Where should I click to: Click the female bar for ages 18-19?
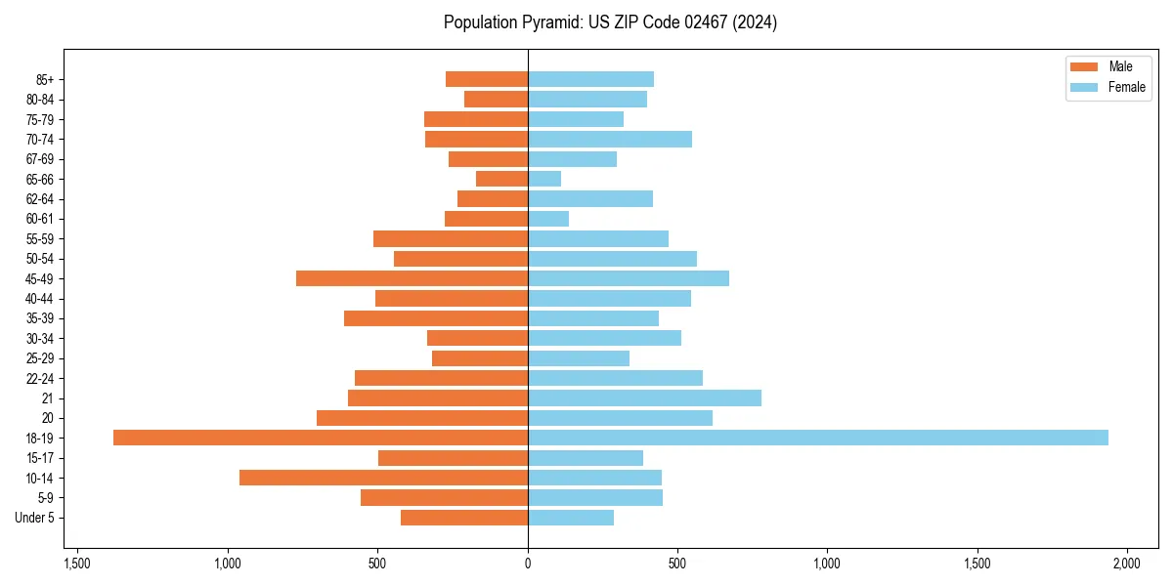(x=817, y=438)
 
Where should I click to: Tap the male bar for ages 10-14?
(x=383, y=478)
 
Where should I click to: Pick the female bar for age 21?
(x=644, y=398)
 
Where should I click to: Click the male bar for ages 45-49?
(x=412, y=278)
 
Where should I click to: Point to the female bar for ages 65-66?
(x=544, y=179)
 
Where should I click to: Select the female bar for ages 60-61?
(x=548, y=219)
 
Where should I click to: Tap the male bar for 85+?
(x=487, y=79)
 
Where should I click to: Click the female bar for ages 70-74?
(x=610, y=139)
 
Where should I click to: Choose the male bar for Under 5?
(x=464, y=518)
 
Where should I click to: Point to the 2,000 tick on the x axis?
(x=1127, y=564)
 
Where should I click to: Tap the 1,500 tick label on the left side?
(x=77, y=564)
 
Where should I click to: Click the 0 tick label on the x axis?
(x=528, y=564)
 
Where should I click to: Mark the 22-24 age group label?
(x=40, y=378)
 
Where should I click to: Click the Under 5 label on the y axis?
(x=35, y=518)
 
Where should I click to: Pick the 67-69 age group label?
(x=40, y=159)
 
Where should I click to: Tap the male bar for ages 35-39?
(x=436, y=318)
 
